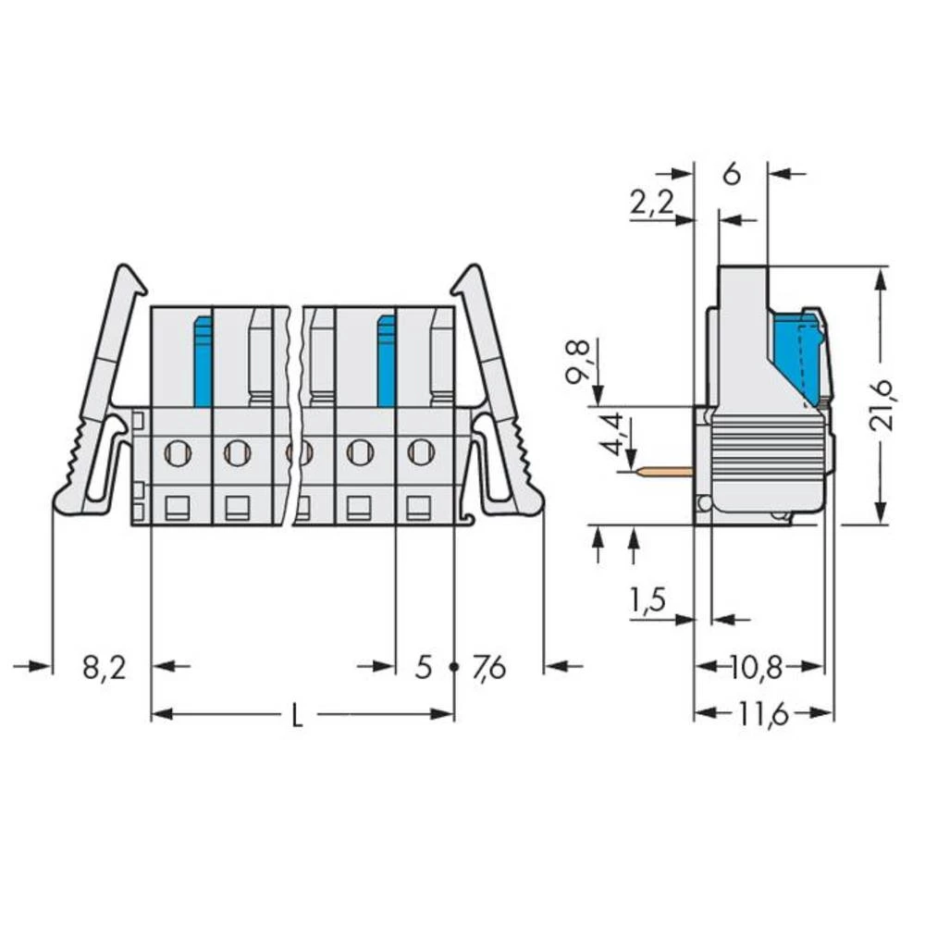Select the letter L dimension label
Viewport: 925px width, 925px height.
(297, 716)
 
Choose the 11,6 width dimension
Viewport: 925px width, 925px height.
(764, 714)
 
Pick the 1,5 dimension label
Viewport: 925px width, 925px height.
(647, 602)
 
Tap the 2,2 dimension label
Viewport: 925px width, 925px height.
(652, 203)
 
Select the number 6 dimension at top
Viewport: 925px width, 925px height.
(732, 173)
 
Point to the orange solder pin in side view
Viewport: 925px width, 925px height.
(665, 472)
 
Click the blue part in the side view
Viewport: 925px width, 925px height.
(798, 356)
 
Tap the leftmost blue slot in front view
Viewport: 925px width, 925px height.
(203, 361)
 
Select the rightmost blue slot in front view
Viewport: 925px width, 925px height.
(387, 361)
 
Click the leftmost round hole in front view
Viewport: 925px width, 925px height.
(176, 452)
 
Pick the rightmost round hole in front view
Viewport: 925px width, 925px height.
(420, 452)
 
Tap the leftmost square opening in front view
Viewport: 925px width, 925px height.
(176, 507)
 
